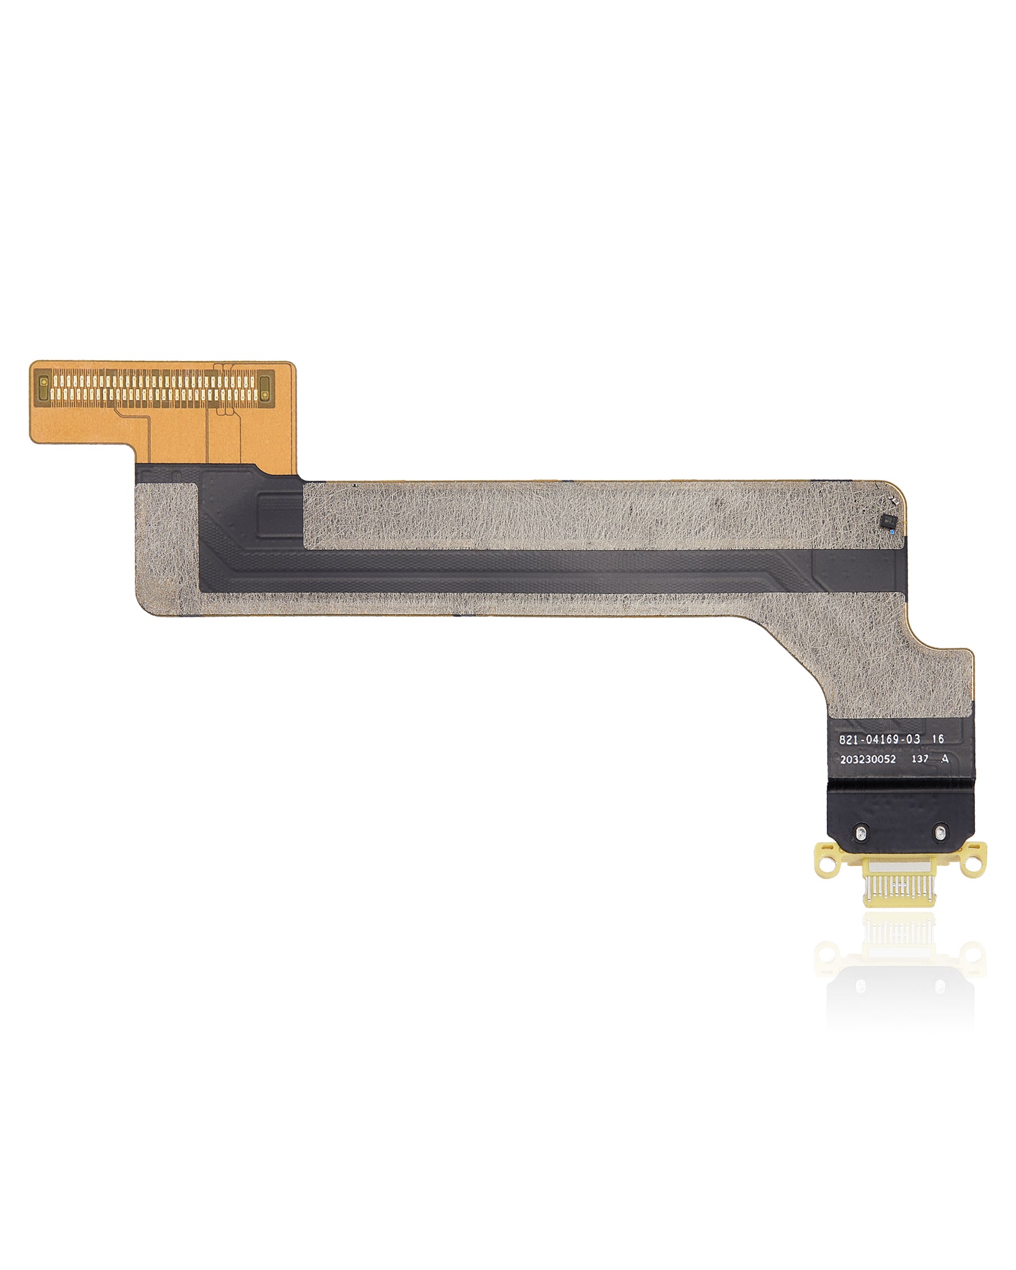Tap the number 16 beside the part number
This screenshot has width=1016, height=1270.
938,739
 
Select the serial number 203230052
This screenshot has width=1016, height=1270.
868,759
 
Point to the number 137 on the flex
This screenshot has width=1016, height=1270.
920,759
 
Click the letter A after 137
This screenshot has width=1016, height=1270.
945,759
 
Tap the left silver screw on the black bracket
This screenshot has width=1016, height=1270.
861,833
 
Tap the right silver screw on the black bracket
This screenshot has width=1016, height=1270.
940,833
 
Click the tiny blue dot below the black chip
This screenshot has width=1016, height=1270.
893,532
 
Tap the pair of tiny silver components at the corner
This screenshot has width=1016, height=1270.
894,502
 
